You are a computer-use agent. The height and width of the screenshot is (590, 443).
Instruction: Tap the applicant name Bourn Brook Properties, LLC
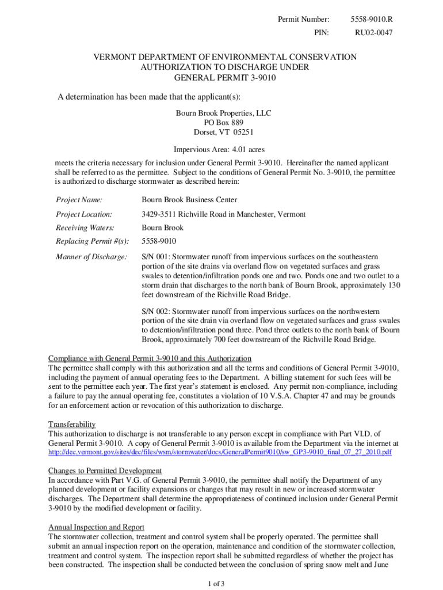(x=224, y=114)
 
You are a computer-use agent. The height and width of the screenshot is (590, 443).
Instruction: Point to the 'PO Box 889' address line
(x=224, y=123)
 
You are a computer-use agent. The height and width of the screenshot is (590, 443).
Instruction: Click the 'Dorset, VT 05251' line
(x=224, y=132)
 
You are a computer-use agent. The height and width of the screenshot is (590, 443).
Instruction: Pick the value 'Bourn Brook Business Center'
(x=189, y=200)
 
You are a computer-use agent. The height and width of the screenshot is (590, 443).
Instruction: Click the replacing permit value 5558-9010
(x=159, y=241)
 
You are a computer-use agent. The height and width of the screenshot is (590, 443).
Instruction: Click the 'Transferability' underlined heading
(x=72, y=425)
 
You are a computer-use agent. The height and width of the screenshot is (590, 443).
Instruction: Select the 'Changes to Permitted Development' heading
(x=105, y=470)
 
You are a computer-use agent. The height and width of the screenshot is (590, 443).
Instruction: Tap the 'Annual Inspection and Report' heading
(x=96, y=527)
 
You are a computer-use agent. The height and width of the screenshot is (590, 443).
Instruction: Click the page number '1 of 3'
(x=216, y=584)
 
